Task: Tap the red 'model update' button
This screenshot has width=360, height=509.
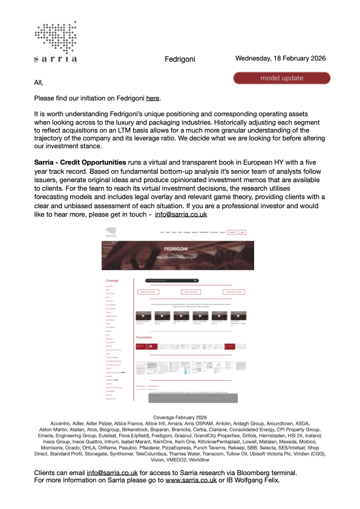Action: point(282,78)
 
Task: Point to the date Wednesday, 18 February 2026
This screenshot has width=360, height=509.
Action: point(281,59)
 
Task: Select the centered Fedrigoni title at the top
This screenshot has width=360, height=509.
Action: point(180,60)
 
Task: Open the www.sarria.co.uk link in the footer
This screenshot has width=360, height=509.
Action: point(191,480)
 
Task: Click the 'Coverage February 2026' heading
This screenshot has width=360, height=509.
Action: point(180,418)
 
